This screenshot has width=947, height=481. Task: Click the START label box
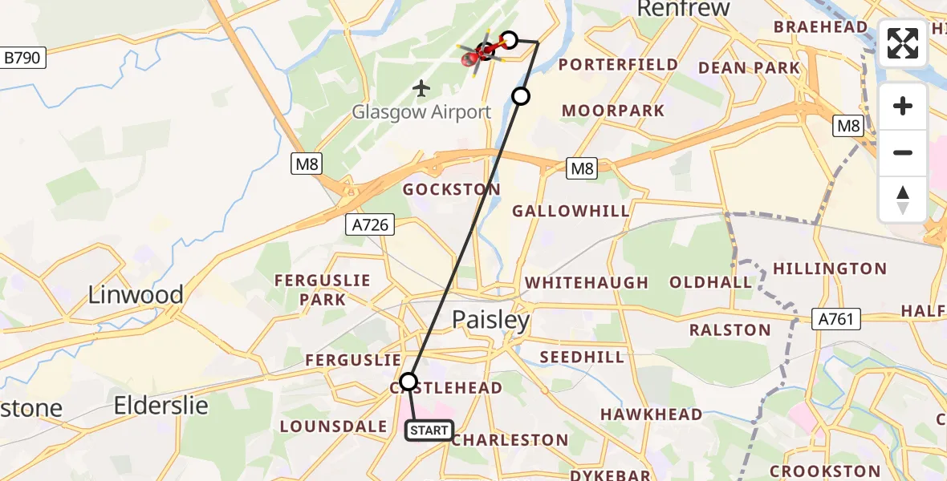click(x=429, y=431)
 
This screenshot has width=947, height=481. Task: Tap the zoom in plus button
click(x=903, y=106)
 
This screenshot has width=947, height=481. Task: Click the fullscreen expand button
click(x=903, y=43)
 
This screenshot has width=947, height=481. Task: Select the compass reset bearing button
click(x=903, y=200)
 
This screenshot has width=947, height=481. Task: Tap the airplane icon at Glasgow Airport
click(x=421, y=87)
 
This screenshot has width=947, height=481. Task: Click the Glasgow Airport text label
click(x=421, y=112)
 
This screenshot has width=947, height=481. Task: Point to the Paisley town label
click(x=491, y=321)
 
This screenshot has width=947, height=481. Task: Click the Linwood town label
click(x=136, y=294)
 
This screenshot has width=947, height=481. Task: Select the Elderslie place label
click(x=161, y=406)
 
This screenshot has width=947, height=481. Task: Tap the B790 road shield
click(x=25, y=58)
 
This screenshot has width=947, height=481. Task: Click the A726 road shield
click(x=370, y=225)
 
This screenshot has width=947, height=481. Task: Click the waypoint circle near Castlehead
click(x=409, y=381)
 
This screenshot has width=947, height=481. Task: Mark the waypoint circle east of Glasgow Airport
click(x=521, y=96)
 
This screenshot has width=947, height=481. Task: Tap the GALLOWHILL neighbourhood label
click(x=571, y=211)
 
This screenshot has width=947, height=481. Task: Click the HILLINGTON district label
click(x=829, y=269)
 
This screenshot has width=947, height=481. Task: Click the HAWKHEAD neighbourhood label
click(x=652, y=414)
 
